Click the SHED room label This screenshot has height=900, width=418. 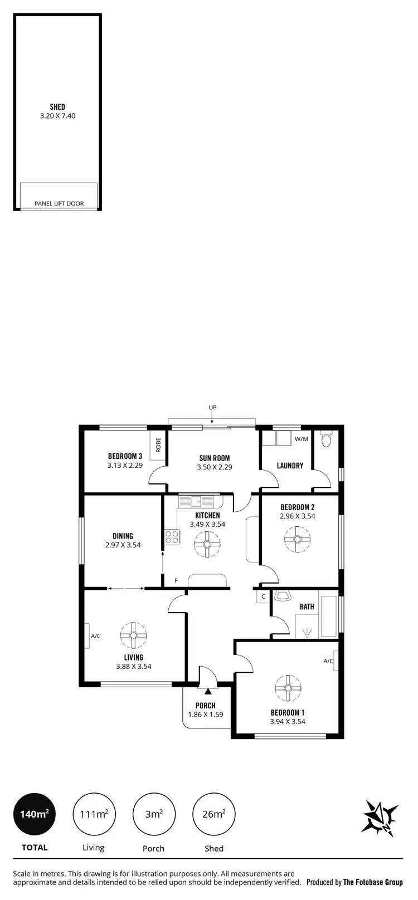(57, 107)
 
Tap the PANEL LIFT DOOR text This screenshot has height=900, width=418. (59, 203)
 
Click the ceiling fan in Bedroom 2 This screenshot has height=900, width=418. (297, 539)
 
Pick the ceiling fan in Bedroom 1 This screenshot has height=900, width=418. (288, 688)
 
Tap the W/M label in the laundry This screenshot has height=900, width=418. (301, 439)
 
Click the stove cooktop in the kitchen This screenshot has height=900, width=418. (172, 537)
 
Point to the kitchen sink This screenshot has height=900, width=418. (196, 501)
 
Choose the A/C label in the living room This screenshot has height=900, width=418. (96, 636)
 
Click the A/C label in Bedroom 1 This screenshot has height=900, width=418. (328, 661)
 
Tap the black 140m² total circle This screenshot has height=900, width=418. (35, 814)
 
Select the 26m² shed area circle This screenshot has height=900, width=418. (213, 814)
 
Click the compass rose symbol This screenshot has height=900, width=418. (381, 817)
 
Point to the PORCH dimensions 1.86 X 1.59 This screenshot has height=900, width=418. (206, 714)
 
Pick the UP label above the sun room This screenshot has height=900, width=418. (212, 408)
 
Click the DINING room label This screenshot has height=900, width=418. (123, 536)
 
